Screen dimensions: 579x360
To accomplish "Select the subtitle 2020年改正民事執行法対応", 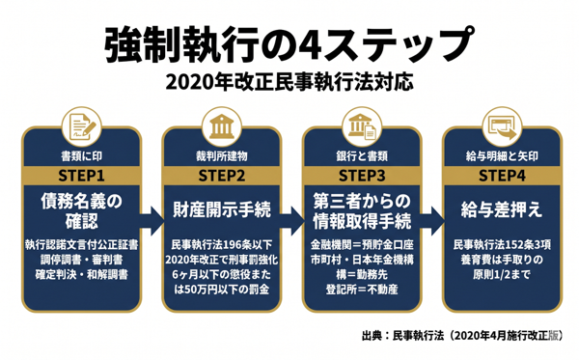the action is pos(289,82).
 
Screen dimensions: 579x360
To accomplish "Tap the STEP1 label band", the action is pos(82,176).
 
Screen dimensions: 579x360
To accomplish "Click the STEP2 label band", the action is pos(222,176).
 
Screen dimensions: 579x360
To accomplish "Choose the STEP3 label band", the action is pos(362,176).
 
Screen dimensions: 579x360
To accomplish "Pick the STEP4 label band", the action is pos(502,176).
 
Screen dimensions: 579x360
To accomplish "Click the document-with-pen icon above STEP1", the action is pos(82,127).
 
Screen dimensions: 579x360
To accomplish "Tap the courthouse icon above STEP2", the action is pos(222,127).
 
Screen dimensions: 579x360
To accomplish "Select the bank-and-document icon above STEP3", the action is pos(362,127).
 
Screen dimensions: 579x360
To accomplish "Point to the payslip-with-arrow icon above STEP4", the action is pos(502,127).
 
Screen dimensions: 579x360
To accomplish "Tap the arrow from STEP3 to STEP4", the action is pos(432,221).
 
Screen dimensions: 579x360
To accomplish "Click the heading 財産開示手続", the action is pos(222,209).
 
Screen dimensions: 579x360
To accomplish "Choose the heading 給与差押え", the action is pos(502,209).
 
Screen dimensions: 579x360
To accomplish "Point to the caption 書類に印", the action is pos(82,156).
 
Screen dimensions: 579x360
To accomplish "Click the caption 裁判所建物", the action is pos(222,156).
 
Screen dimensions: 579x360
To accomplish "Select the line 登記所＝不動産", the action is pos(362,290).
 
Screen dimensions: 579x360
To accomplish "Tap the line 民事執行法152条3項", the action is pos(502,245).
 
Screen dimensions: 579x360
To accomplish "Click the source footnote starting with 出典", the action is pos(462,336).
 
